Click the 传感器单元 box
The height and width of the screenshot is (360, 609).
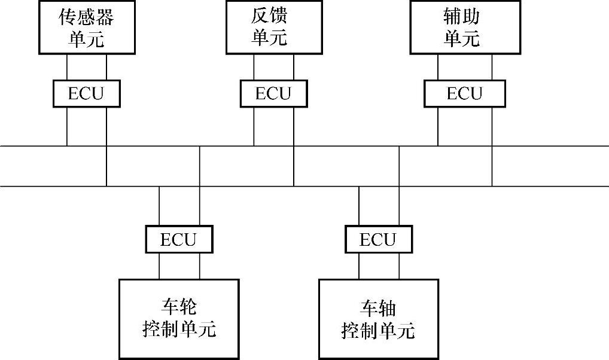tap(86, 27)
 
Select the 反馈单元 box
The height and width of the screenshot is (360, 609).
tap(269, 27)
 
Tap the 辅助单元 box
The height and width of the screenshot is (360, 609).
tap(462, 27)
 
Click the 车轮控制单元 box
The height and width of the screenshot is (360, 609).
tap(179, 318)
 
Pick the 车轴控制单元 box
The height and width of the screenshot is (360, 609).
tap(378, 318)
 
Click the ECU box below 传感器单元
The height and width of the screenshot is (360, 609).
tap(86, 93)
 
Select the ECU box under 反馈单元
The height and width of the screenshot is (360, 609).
tap(273, 93)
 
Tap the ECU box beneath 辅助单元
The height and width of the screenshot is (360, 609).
tap(464, 93)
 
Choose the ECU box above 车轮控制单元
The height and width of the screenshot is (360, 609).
tap(179, 239)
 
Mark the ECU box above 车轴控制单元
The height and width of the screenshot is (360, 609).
tap(378, 239)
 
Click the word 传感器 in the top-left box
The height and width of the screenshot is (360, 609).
tap(86, 17)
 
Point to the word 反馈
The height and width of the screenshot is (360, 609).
tap(269, 17)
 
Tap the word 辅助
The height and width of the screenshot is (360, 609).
tap(462, 17)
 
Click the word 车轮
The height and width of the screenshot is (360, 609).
tap(179, 307)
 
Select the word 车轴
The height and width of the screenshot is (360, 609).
tap(378, 308)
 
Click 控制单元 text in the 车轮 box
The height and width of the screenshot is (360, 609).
tap(179, 329)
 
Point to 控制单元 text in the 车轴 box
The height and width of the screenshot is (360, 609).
tap(378, 330)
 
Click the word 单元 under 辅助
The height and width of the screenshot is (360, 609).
tap(462, 38)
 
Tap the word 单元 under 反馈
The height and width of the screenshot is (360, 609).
tap(269, 38)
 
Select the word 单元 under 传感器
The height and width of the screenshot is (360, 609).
tap(86, 38)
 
